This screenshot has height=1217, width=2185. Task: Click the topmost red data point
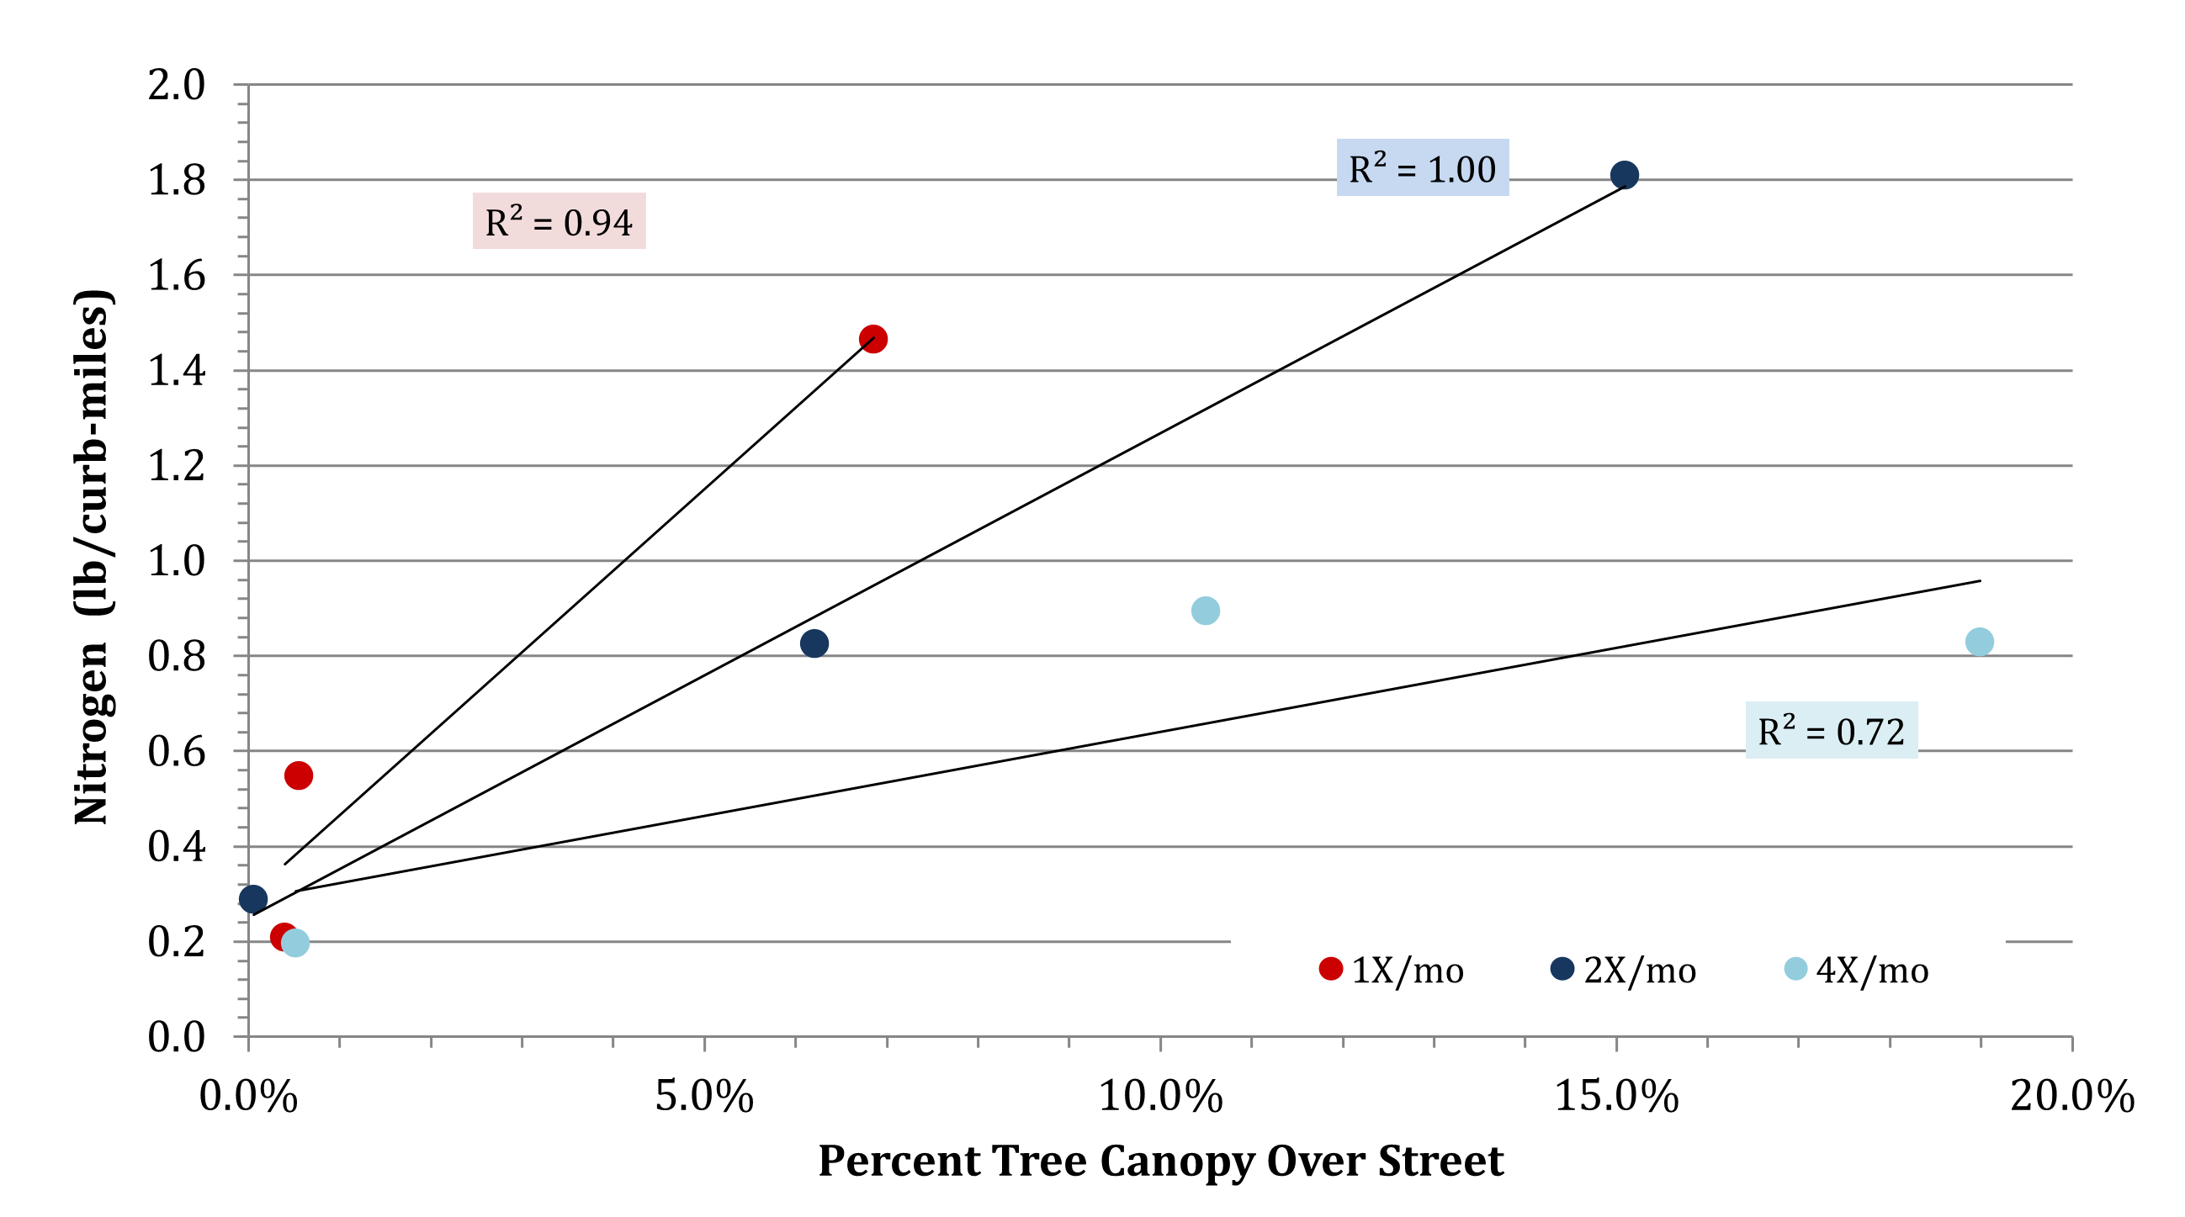(872, 339)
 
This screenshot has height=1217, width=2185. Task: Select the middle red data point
(299, 775)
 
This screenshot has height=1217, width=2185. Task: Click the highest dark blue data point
(1625, 175)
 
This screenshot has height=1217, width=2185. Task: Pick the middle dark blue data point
(814, 643)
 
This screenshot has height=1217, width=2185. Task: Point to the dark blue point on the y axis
(252, 899)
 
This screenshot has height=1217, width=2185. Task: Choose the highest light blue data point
(1206, 611)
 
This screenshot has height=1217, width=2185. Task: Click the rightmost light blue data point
(1980, 642)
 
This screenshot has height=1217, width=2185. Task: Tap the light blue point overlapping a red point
(296, 943)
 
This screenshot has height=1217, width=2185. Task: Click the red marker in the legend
(1331, 969)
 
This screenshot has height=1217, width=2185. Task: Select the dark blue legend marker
(1562, 969)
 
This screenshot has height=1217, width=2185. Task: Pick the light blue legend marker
(1795, 969)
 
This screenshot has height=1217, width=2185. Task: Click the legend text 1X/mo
(1408, 971)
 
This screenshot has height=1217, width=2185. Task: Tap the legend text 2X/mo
(1640, 971)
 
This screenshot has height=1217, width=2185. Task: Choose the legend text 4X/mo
(1872, 971)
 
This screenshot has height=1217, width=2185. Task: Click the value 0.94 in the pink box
(598, 223)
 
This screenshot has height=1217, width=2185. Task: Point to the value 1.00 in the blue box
(1461, 170)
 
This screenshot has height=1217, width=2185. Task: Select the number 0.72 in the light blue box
(1870, 732)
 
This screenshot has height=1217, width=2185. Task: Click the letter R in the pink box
(496, 224)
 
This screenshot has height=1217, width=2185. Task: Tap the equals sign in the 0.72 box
(1815, 733)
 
